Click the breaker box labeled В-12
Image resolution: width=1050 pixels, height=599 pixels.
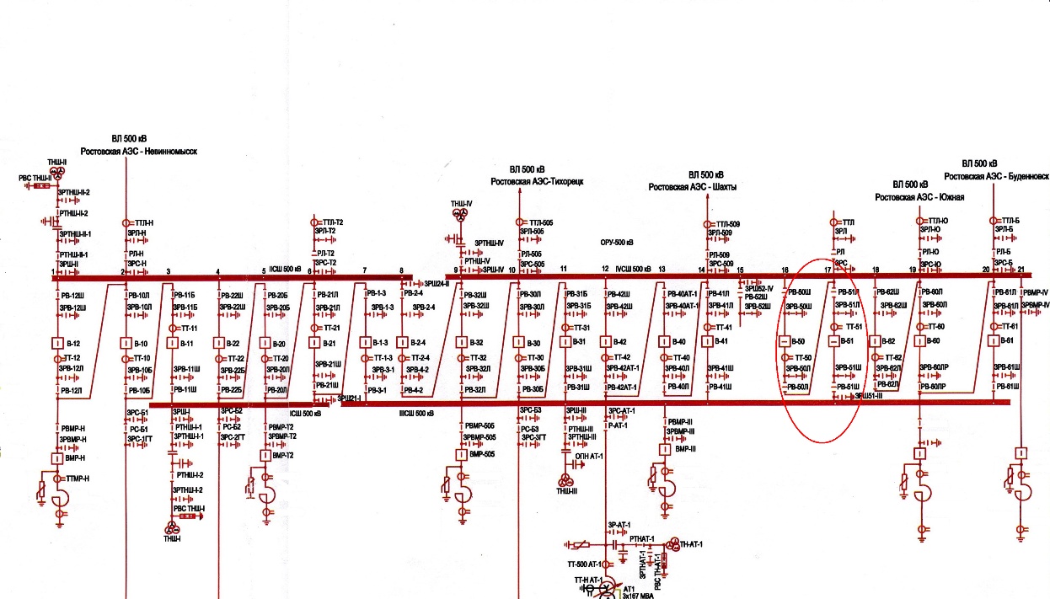57,344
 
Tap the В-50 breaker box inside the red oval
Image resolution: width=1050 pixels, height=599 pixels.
785,342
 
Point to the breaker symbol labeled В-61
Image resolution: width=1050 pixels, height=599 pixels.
994,341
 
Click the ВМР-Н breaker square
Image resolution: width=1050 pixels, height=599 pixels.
57,458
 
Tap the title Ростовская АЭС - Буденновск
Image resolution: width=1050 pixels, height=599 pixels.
996,176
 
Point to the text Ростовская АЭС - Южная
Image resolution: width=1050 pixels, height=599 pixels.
919,197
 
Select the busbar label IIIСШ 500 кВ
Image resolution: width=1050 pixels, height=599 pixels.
416,414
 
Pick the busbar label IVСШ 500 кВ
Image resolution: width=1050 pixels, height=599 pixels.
634,270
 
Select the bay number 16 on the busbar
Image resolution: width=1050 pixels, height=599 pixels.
785,270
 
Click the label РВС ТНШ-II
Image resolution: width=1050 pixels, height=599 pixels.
35,179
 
